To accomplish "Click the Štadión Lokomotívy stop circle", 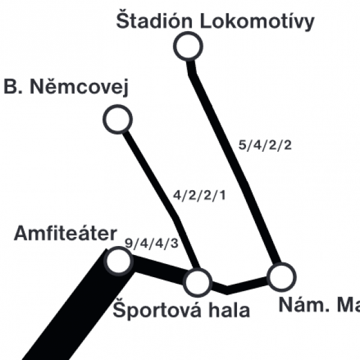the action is (x=188, y=46).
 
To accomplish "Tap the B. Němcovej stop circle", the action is (x=118, y=119).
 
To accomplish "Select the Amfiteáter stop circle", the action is (x=118, y=261).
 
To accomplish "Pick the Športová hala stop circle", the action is (x=197, y=283).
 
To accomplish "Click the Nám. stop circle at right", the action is (x=282, y=277).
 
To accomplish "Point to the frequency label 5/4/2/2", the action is (x=265, y=145).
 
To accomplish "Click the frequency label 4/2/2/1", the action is (x=199, y=196).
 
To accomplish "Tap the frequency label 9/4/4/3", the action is (x=152, y=243).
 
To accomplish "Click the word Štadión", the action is (x=154, y=20).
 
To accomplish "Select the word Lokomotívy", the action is (x=257, y=22).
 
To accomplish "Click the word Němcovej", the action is (x=79, y=87).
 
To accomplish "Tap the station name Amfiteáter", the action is (x=65, y=233).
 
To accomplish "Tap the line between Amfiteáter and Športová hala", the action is (x=158, y=270).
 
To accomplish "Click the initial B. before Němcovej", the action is (x=13, y=87).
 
